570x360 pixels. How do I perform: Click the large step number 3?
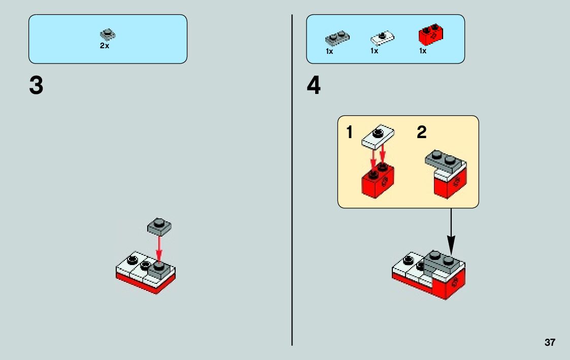(x=36, y=86)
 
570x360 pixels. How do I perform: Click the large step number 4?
(x=314, y=86)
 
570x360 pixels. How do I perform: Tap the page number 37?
(x=550, y=343)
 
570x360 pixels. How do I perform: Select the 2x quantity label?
(x=104, y=46)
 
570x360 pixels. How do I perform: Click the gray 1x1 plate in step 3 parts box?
(x=108, y=35)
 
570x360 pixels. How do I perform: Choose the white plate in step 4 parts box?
(x=383, y=37)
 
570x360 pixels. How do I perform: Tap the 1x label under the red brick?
(x=423, y=51)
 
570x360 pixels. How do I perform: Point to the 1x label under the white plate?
(x=375, y=51)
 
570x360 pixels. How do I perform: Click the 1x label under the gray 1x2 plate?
(x=329, y=51)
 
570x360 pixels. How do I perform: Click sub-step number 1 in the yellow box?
(x=349, y=133)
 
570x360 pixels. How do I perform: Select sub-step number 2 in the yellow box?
(x=421, y=133)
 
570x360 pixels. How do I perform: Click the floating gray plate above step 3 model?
(x=159, y=226)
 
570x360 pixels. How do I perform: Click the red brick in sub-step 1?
(x=378, y=180)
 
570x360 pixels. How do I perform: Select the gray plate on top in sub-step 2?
(x=445, y=160)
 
